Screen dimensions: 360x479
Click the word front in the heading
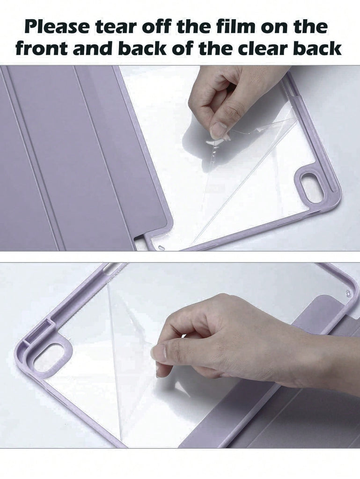pyautogui.click(x=41, y=49)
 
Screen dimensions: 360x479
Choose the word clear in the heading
pyautogui.click(x=263, y=48)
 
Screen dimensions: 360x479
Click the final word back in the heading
pyautogui.click(x=317, y=48)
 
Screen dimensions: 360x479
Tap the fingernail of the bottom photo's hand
pyautogui.click(x=159, y=351)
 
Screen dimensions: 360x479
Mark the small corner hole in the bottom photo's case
pyautogui.click(x=348, y=293)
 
